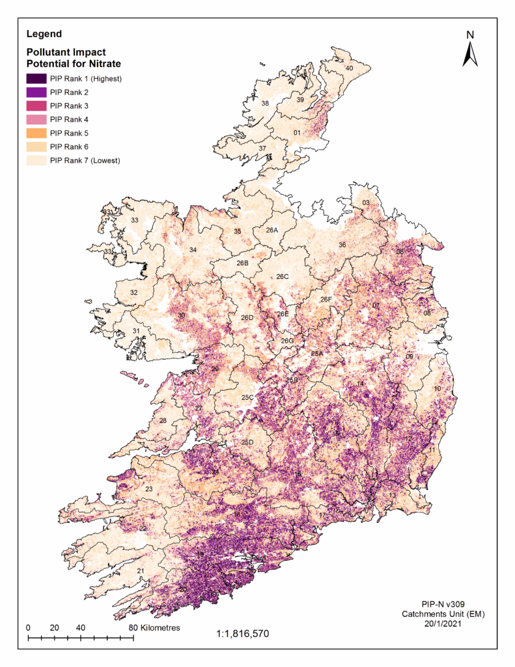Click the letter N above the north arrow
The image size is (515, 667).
click(470, 35)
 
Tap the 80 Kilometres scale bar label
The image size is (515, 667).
click(154, 627)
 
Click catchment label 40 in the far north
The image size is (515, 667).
click(349, 68)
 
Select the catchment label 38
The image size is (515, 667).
click(265, 104)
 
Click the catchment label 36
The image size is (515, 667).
click(342, 244)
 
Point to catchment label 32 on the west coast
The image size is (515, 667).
click(133, 292)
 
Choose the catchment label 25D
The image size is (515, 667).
click(247, 442)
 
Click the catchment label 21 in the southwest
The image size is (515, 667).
click(140, 571)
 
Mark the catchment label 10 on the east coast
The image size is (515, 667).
click(438, 388)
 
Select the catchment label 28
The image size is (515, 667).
click(163, 421)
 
